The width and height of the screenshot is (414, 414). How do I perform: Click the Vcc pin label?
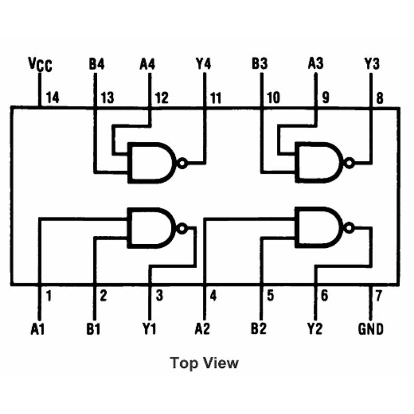pos(40,65)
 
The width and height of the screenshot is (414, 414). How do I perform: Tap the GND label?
pos(371,329)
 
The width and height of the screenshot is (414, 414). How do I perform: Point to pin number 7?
pos(378,297)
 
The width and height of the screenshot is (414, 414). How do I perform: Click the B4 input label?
pos(96,65)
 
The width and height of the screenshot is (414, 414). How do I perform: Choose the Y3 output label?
pos(372,65)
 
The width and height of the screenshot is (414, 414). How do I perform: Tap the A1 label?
pos(38,329)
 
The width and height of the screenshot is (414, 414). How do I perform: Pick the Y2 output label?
pos(316,329)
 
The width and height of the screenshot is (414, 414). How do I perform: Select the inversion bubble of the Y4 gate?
pos(181,164)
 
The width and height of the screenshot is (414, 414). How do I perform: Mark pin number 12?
pos(161,97)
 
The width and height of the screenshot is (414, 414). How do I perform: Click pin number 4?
pos(213,297)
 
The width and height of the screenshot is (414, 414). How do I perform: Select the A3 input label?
pos(316,65)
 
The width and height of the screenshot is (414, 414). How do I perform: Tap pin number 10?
pos(272,97)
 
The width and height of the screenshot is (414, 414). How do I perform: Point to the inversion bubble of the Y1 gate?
pos(181,228)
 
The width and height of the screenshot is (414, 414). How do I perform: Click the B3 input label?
pos(260,65)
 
